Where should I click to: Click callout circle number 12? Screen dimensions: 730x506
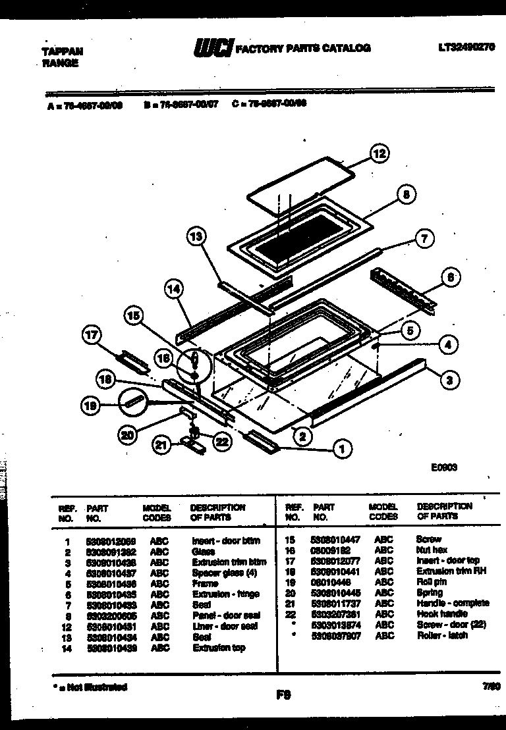pos(378,155)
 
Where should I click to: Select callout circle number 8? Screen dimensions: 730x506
pos(407,195)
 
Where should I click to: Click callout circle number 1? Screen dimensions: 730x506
pos(341,450)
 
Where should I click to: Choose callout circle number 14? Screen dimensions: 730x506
pos(174,288)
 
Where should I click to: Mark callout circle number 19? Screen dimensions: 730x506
pos(91,406)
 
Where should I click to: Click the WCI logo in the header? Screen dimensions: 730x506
pos(213,48)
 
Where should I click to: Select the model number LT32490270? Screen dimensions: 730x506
pos(466,47)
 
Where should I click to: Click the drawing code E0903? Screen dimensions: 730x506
pos(444,467)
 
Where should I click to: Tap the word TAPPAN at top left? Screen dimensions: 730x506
pos(58,52)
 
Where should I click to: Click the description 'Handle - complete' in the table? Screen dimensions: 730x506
pos(453,603)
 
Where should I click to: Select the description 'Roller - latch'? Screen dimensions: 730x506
pos(441,635)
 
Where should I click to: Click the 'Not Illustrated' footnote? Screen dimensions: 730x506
pos(89,687)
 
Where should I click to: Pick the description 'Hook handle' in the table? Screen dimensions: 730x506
pos(441,613)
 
